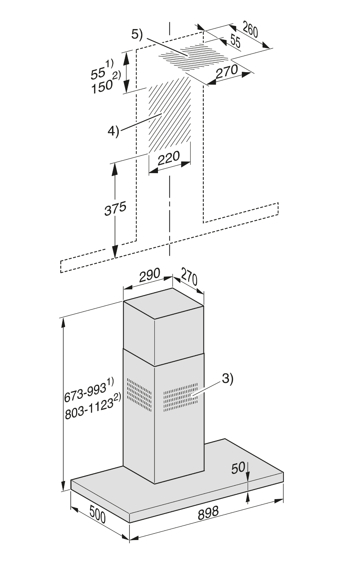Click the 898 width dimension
208,513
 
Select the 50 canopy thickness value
238,468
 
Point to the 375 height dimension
115,209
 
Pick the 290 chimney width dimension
149,275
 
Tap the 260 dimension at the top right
250,30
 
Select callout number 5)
137,34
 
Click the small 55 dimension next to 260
235,41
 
